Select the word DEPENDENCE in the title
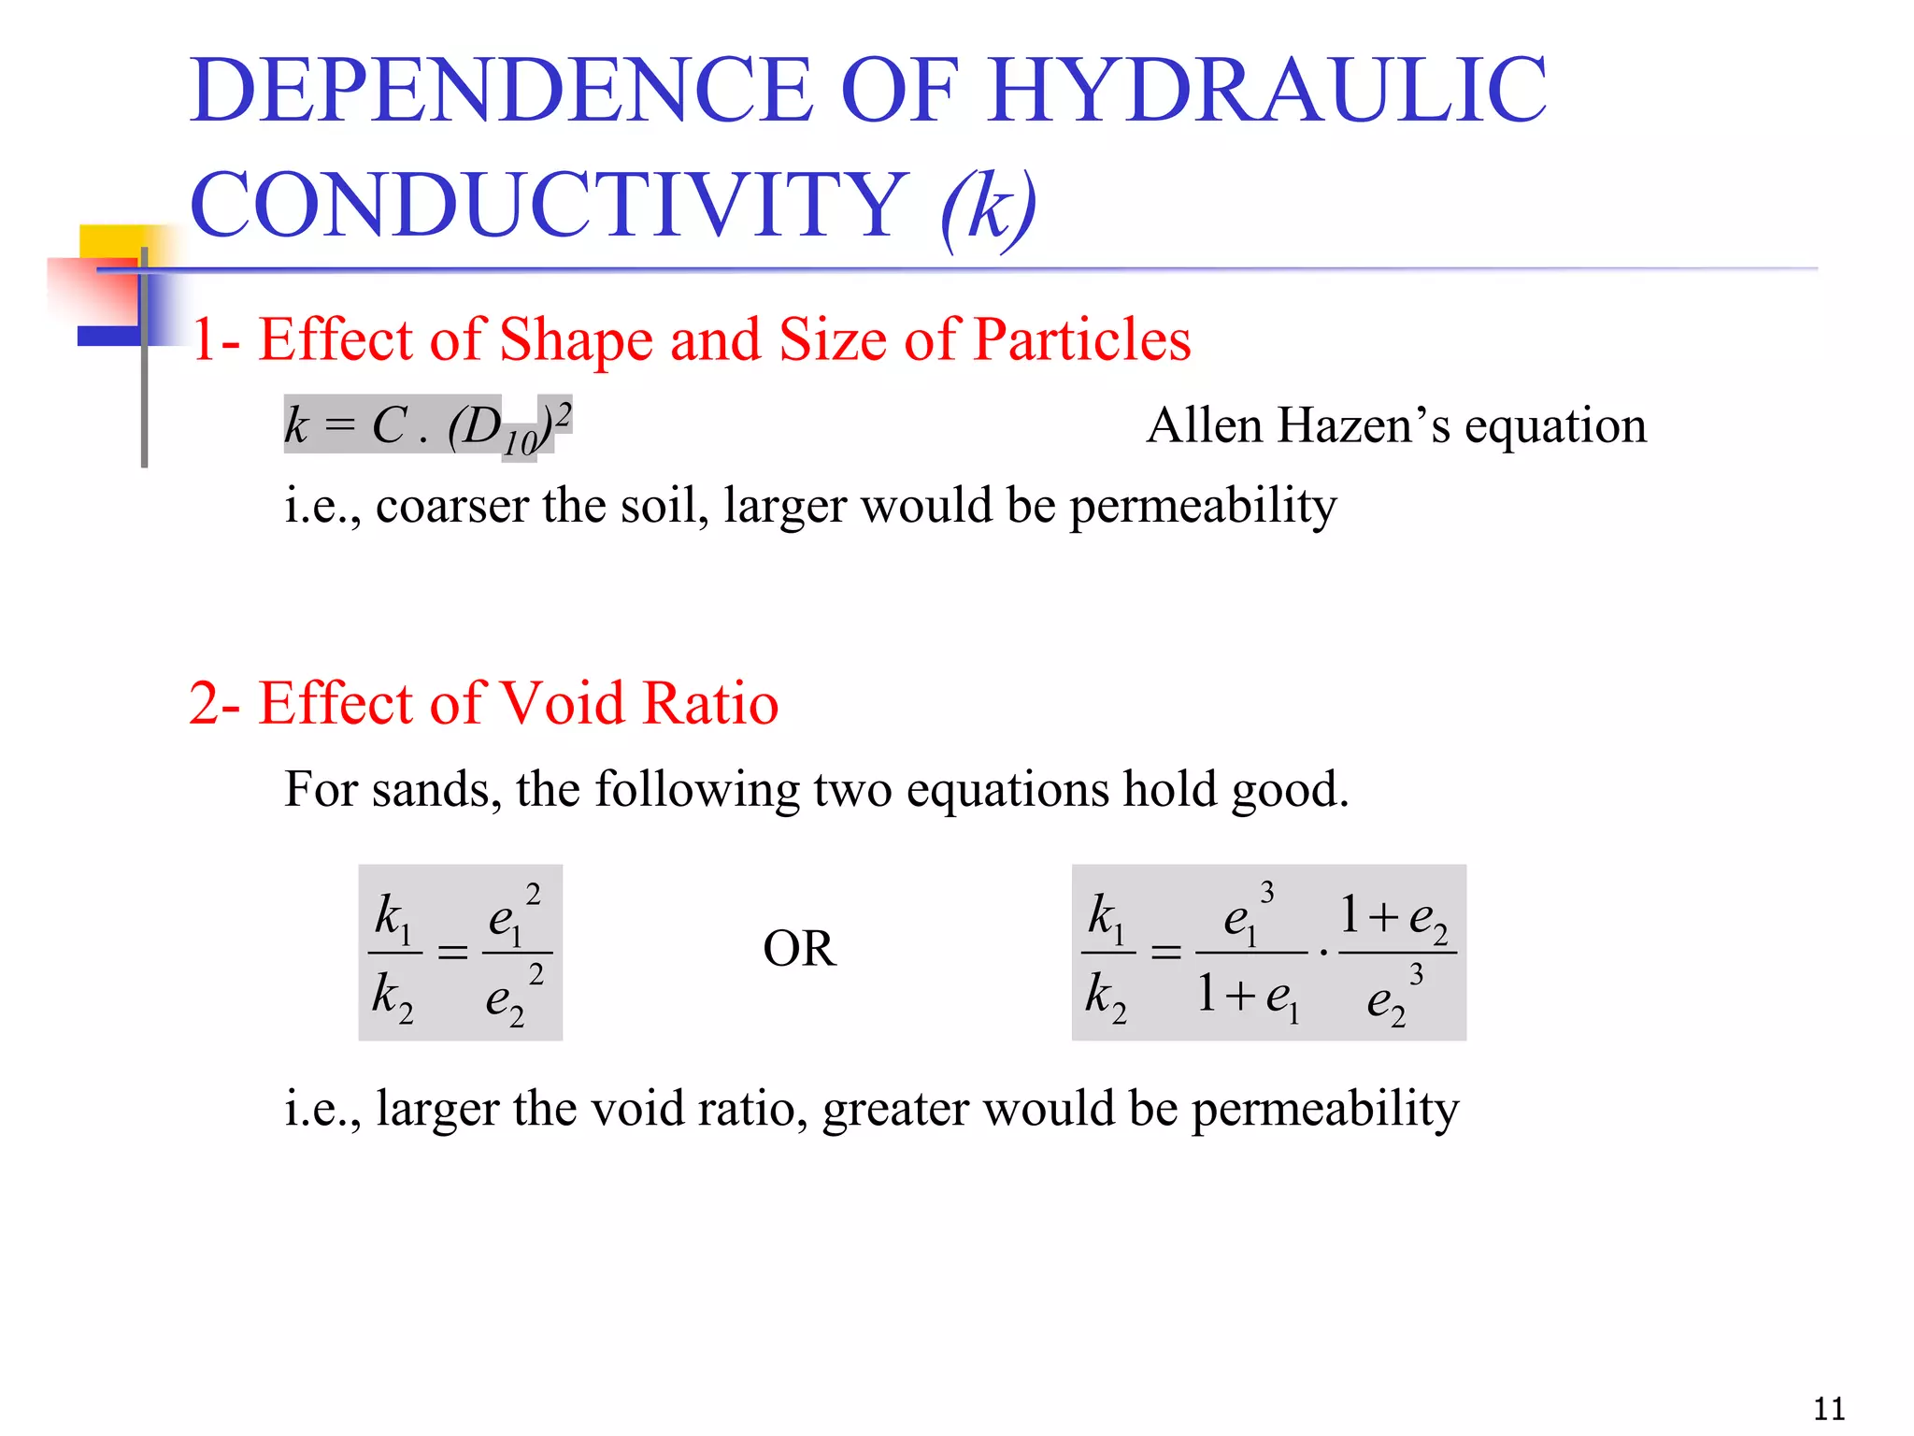[501, 91]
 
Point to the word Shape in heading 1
[576, 340]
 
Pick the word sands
[430, 790]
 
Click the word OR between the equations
[799, 949]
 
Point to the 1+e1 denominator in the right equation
[1249, 995]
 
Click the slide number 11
[1829, 1408]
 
